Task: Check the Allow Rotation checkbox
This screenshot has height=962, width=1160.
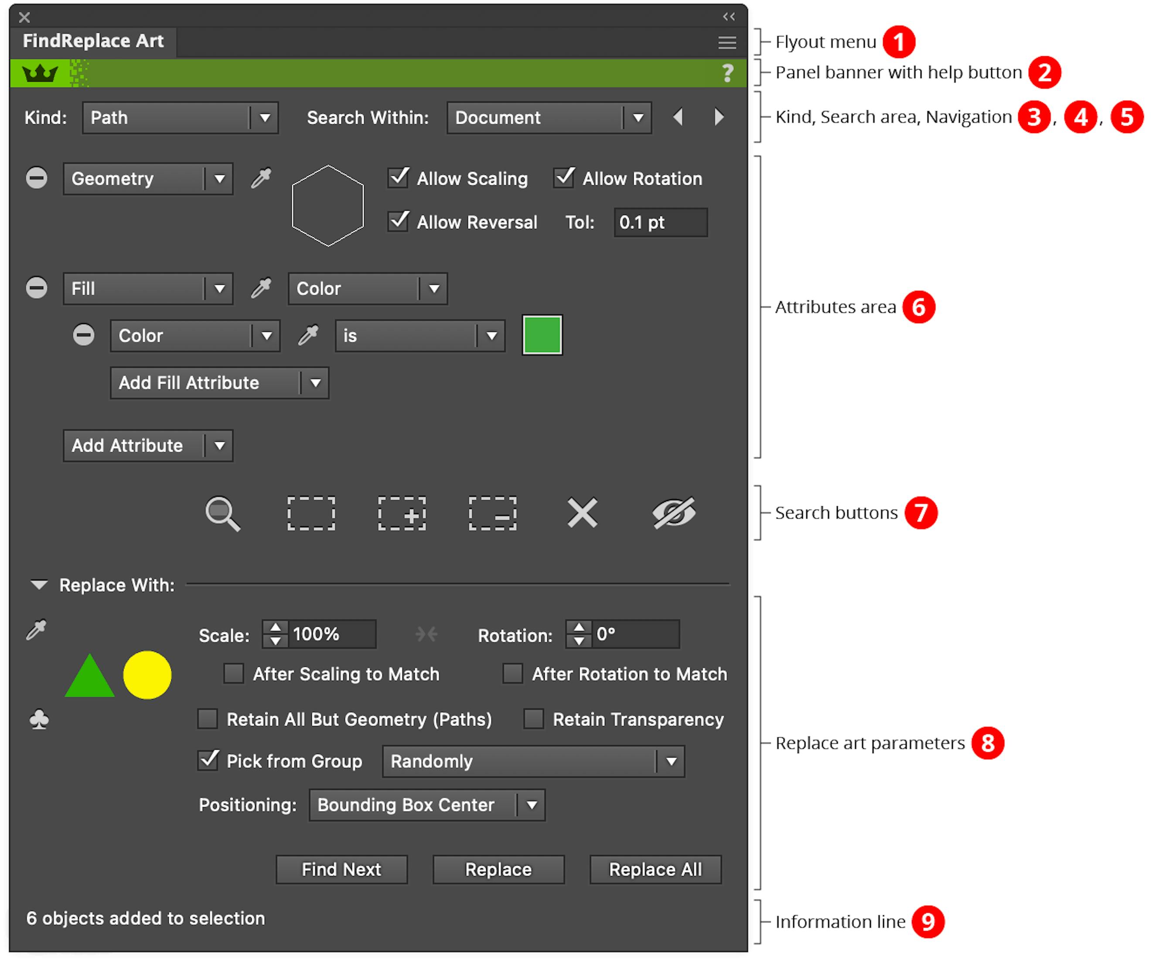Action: (564, 178)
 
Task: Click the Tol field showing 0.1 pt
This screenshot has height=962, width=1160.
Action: (660, 222)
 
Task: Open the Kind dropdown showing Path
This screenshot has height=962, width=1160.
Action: (180, 118)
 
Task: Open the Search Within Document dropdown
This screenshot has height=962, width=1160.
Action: (549, 118)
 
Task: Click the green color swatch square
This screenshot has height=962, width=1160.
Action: (542, 335)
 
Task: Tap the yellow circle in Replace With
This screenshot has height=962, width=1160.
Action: (147, 675)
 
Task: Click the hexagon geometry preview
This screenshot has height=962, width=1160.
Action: (328, 205)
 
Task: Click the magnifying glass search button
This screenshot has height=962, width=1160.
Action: (222, 514)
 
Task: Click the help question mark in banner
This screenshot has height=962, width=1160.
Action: (728, 73)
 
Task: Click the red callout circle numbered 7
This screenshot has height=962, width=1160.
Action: (921, 512)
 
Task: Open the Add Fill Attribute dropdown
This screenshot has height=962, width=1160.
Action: (219, 383)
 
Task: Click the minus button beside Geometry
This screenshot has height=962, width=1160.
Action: (37, 178)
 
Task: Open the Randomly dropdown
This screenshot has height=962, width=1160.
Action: (533, 761)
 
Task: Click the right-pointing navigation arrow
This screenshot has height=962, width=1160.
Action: (719, 117)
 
